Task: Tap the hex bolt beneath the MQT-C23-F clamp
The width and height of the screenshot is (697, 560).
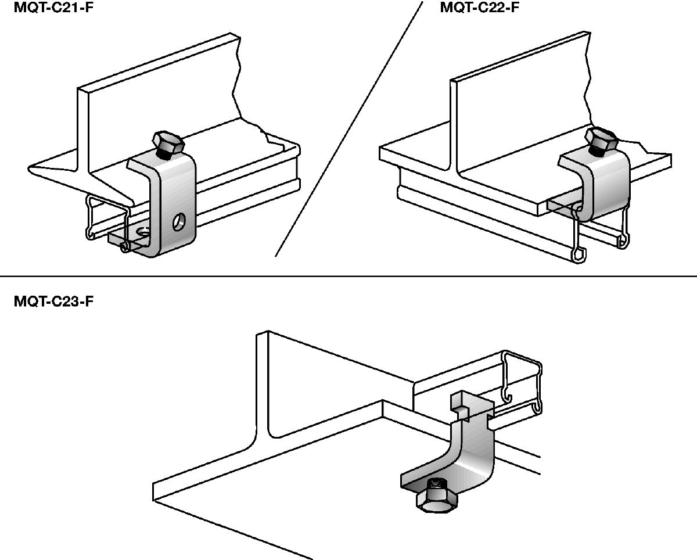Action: pyautogui.click(x=435, y=497)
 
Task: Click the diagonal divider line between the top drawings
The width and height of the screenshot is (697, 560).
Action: pyautogui.click(x=348, y=128)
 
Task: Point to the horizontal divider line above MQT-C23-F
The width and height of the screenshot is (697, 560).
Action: pyautogui.click(x=348, y=277)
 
